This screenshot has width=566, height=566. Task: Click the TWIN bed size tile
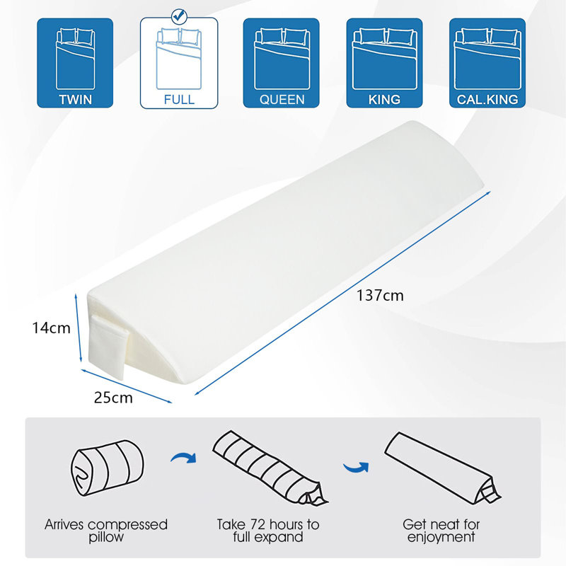tap(75, 63)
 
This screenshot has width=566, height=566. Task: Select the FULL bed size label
tap(179, 99)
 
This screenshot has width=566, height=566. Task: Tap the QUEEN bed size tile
tap(281, 63)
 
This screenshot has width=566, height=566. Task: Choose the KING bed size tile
tap(384, 63)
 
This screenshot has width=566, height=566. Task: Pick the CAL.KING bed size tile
tap(487, 63)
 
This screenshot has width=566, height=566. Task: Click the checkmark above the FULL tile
tap(179, 16)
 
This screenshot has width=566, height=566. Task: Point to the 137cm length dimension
tap(380, 296)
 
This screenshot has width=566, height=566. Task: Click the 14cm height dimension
tap(51, 328)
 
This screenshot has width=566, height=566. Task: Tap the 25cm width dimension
tap(113, 398)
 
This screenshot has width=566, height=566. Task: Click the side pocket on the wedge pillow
tap(108, 345)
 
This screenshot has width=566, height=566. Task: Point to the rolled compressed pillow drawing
tap(107, 468)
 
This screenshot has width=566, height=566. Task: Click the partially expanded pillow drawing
tap(270, 468)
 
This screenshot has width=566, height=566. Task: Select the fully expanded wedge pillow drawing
tap(443, 468)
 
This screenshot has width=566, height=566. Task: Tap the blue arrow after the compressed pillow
tap(184, 458)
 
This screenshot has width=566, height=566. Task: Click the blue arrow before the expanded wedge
tap(356, 468)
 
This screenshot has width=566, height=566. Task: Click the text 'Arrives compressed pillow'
tap(106, 531)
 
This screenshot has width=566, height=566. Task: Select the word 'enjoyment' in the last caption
tap(441, 538)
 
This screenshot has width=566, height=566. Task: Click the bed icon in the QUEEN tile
tap(282, 59)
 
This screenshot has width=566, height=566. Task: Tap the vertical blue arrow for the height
tap(78, 328)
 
